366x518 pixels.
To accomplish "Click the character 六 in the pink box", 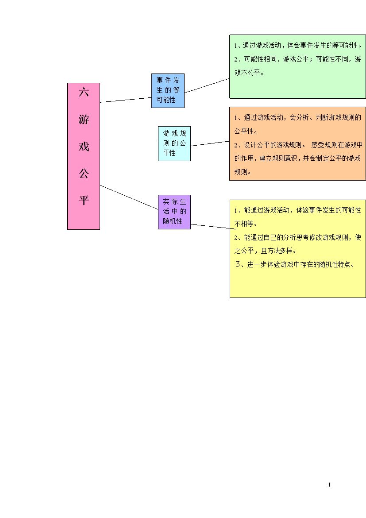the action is click(84, 92).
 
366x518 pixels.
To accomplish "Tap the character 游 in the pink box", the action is click(84, 119).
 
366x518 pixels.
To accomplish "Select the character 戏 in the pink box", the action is click(84, 147).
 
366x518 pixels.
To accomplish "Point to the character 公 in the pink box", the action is click(84, 173).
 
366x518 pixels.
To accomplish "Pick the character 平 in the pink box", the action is click(84, 200).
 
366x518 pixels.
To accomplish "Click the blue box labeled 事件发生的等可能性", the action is click(168, 90).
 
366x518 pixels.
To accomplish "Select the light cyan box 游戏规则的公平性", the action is click(174, 143).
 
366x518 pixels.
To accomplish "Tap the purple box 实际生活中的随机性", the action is click(174, 212).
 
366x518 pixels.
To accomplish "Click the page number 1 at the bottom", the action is click(329, 485).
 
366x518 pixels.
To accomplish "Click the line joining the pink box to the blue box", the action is click(126, 100).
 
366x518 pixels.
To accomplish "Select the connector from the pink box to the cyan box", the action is click(129, 141).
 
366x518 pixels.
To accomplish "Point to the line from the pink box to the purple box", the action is click(129, 197).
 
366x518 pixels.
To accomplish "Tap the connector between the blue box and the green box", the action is click(207, 85).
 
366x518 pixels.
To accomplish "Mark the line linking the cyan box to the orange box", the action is click(210, 143).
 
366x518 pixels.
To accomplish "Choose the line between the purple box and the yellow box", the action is click(213, 226).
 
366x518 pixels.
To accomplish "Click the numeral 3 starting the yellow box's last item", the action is click(238, 264).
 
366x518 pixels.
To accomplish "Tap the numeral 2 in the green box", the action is click(236, 59).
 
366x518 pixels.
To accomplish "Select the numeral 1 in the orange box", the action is click(236, 118).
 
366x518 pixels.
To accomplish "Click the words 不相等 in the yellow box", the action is click(244, 224).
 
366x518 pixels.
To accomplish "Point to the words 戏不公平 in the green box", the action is click(247, 73).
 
